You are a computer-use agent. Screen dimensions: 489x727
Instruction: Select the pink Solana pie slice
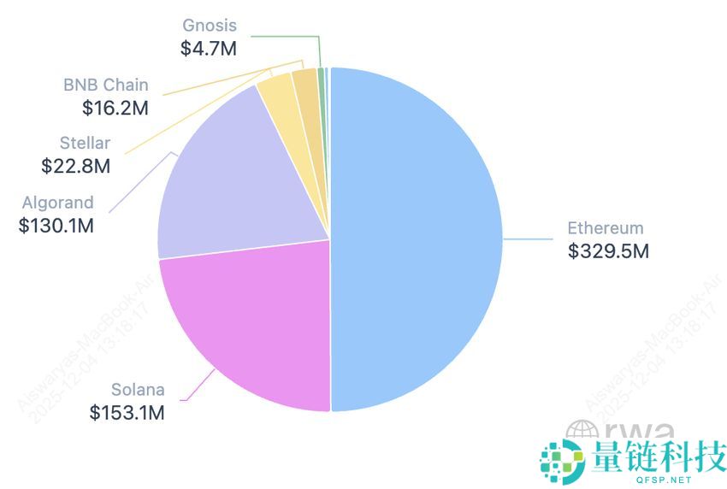point(248,329)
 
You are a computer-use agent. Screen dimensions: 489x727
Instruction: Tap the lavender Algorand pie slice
point(239,180)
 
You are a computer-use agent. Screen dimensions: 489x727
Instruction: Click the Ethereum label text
point(605,228)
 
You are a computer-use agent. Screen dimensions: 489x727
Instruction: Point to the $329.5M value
point(608,251)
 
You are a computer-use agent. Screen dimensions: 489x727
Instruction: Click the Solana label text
point(137,391)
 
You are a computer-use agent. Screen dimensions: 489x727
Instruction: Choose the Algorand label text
point(58,203)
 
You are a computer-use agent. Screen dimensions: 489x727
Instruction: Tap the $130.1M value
point(56,226)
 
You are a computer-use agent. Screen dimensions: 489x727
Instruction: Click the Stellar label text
point(85,144)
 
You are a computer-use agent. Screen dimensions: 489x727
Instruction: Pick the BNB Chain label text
point(105,85)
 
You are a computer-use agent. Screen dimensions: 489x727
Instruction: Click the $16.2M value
point(115,108)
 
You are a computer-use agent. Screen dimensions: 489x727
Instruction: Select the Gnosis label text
point(209,26)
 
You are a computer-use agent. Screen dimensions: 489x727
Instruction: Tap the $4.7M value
point(208,48)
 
